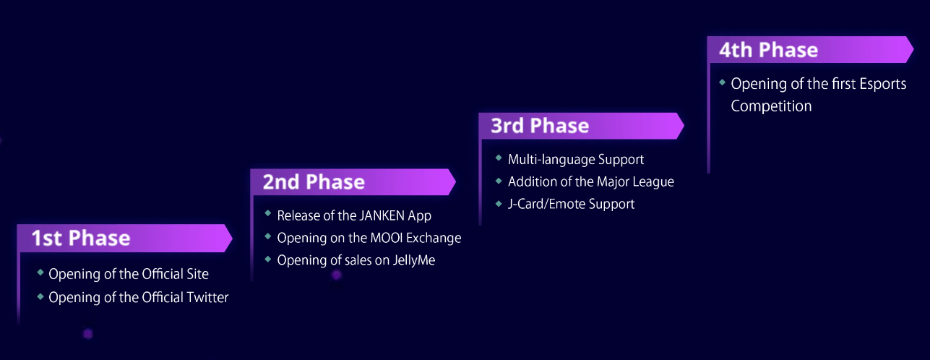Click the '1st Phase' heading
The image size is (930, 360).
tap(81, 238)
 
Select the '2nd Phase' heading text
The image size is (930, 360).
tap(314, 182)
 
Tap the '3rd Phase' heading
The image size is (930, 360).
tap(540, 125)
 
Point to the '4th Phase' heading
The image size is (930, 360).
tap(768, 50)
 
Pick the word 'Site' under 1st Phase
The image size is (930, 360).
tap(197, 274)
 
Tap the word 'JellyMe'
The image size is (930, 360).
tap(414, 260)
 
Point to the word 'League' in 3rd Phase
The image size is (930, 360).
tap(654, 182)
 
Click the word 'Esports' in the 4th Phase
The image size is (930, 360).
tap(883, 84)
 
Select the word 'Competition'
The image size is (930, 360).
tap(771, 106)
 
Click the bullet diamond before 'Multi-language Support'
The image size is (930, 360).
tap(499, 158)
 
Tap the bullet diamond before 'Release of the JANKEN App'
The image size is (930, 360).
tap(268, 214)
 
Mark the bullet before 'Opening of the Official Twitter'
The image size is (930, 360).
tap(40, 296)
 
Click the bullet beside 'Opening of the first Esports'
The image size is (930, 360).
tap(723, 82)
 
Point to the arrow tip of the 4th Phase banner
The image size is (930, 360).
tap(913, 49)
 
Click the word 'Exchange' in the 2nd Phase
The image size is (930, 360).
tap(434, 238)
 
